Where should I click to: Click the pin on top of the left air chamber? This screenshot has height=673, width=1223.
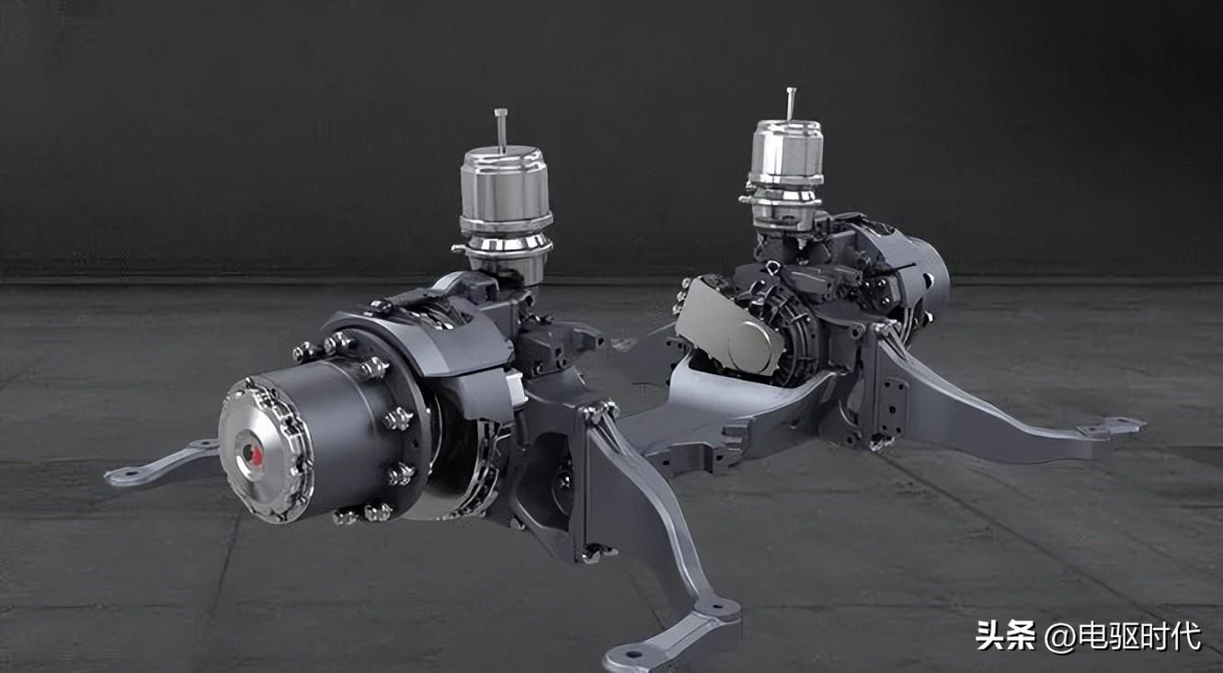pos(501,129)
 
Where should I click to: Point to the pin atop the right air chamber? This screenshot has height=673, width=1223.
pos(791,104)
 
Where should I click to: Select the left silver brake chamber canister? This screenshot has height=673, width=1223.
pos(505,213)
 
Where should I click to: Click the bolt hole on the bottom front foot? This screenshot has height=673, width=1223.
pos(633,653)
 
